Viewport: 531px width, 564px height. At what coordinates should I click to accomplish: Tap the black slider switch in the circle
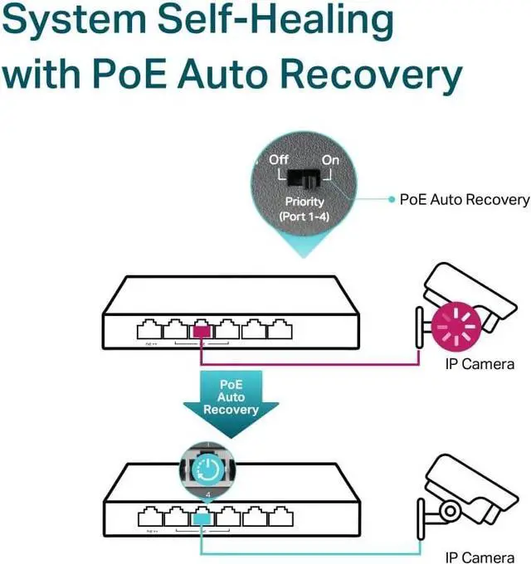pos(304,177)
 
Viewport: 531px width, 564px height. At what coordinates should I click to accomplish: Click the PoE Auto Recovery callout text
pos(465,199)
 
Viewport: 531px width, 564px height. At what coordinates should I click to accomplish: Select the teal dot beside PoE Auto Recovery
pos(392,199)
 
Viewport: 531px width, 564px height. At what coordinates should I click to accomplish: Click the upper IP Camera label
pos(480,364)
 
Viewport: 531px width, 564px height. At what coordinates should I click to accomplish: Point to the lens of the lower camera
pos(447,508)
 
